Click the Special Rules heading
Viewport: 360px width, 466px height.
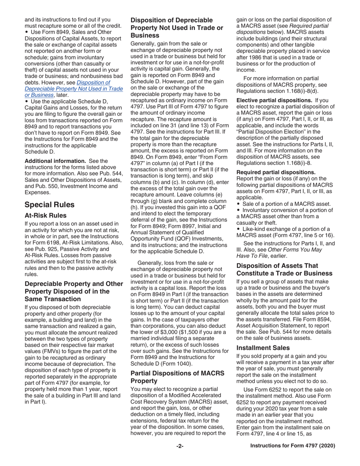tap(50, 205)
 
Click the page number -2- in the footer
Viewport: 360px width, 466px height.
tap(180, 446)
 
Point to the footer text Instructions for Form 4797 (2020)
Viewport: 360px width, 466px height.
tap(293, 446)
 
